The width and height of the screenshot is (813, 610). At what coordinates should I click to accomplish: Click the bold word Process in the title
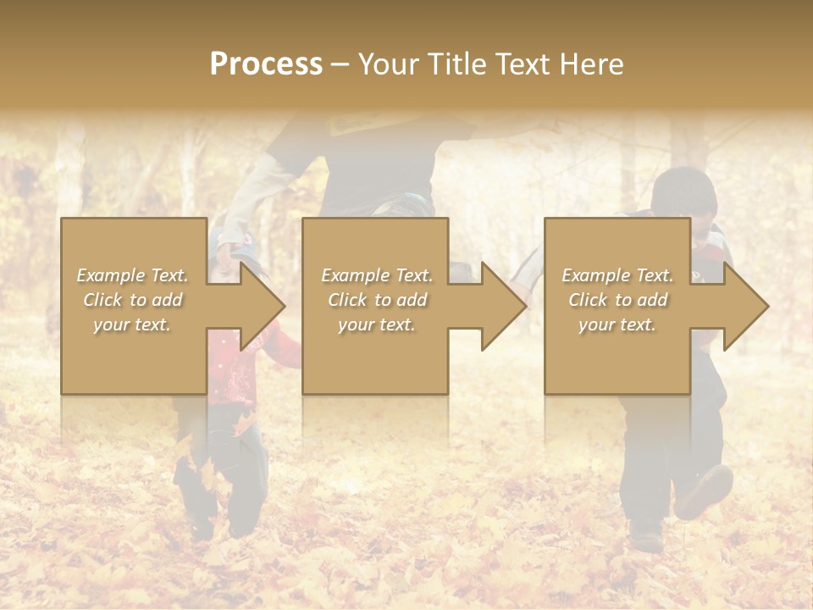(x=266, y=64)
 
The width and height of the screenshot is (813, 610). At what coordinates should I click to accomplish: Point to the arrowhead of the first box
(x=263, y=306)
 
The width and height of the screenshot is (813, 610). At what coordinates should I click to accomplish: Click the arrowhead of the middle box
(x=504, y=306)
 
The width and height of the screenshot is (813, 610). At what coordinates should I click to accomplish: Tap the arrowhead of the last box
(x=746, y=306)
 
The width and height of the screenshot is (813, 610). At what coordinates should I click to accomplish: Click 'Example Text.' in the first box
(x=132, y=275)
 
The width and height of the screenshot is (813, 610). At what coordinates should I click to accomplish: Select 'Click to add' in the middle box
(x=377, y=300)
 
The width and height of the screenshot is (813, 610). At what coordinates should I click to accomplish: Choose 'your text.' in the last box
(x=617, y=324)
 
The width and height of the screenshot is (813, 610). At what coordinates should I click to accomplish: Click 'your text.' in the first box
(x=132, y=324)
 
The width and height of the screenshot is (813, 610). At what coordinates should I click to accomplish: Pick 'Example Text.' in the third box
(x=617, y=275)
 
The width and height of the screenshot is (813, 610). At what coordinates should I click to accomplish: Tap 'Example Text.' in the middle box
(x=377, y=275)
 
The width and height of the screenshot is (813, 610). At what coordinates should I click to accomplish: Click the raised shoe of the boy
(x=704, y=491)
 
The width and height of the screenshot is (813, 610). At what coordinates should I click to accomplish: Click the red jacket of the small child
(x=233, y=373)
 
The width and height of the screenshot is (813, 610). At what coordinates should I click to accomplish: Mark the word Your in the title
(x=390, y=64)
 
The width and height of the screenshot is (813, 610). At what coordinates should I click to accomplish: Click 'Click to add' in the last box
(x=617, y=300)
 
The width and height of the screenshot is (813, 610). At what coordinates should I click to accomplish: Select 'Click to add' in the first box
(x=132, y=300)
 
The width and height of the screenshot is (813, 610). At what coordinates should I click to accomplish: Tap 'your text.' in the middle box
(x=377, y=324)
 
